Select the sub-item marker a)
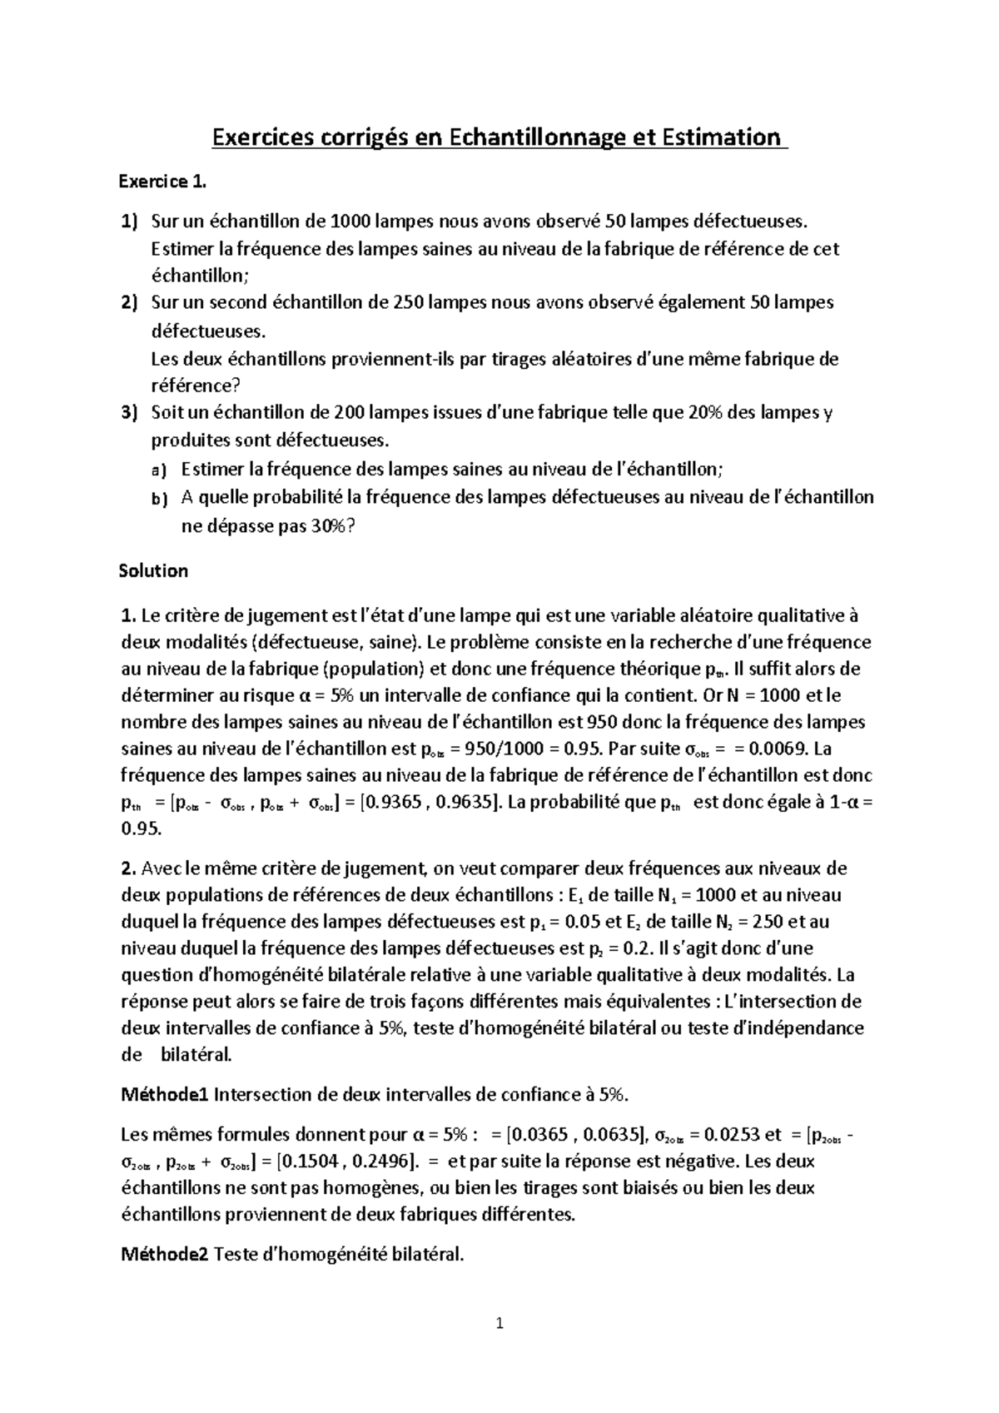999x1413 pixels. tap(159, 470)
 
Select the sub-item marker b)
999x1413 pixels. tap(159, 499)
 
